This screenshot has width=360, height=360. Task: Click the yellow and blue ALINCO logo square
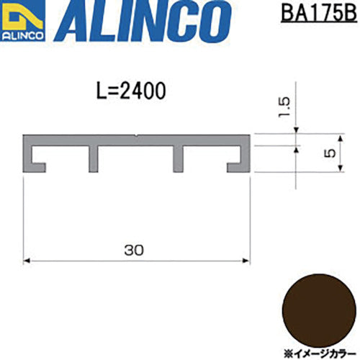pyautogui.click(x=22, y=20)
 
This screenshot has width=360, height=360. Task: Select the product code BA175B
pyautogui.click(x=319, y=13)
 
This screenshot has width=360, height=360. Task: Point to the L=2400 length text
pyautogui.click(x=131, y=91)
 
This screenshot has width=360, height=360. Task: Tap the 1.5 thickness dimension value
pyautogui.click(x=284, y=107)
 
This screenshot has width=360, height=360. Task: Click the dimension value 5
pyautogui.click(x=330, y=153)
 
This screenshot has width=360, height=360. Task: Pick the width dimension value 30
pyautogui.click(x=134, y=250)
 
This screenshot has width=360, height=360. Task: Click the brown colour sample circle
pyautogui.click(x=319, y=311)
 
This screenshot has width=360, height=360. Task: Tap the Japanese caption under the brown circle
pyautogui.click(x=320, y=354)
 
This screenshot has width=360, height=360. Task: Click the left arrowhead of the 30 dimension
pyautogui.click(x=27, y=261)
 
